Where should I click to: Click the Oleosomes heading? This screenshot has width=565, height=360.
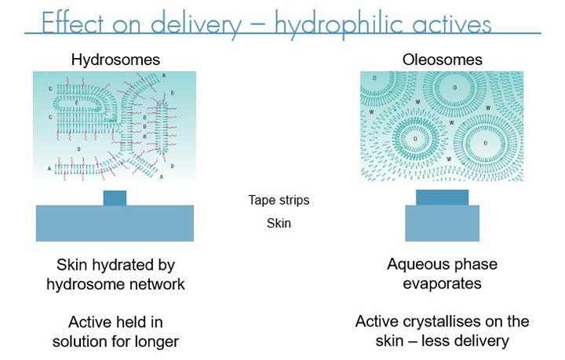click(x=442, y=60)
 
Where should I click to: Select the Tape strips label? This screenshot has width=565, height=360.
click(x=279, y=200)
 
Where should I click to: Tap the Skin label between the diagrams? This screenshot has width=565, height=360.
click(x=279, y=224)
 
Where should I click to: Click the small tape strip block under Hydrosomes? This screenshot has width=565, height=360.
click(x=115, y=198)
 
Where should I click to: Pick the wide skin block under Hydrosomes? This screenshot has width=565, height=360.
click(x=115, y=223)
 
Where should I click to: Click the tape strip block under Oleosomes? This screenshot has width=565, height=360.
click(x=442, y=197)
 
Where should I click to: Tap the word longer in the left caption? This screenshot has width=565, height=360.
click(x=155, y=342)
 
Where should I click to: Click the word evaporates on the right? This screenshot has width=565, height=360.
click(x=442, y=284)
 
